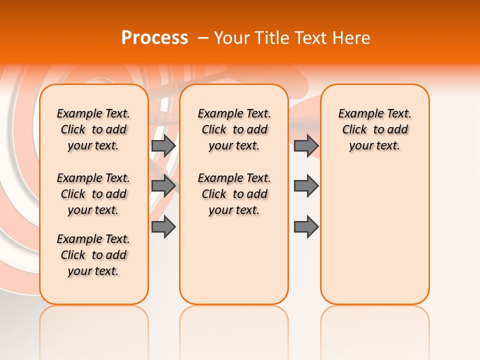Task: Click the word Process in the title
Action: [154, 38]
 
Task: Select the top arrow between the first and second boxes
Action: [163, 145]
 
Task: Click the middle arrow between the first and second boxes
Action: [163, 185]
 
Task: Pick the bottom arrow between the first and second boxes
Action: [163, 227]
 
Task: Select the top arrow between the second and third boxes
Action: [306, 145]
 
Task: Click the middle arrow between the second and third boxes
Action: [306, 185]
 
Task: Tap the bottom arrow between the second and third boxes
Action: [306, 227]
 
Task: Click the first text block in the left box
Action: [93, 129]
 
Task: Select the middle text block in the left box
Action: [93, 194]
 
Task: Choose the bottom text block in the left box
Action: [93, 255]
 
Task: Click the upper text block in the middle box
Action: [234, 129]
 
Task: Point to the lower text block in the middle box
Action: [234, 194]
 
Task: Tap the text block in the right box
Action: [374, 129]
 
